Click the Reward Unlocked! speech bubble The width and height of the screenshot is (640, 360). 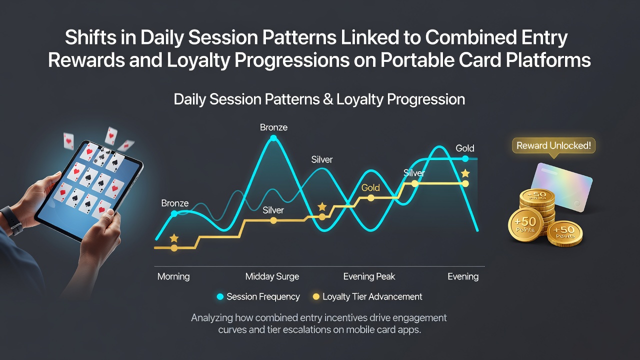553,146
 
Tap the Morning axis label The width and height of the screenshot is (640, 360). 173,276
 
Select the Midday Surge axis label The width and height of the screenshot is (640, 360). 272,276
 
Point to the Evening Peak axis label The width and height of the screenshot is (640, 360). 369,276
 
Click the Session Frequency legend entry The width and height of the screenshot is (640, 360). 258,296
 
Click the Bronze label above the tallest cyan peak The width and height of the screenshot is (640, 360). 273,127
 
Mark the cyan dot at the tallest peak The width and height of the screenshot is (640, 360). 273,138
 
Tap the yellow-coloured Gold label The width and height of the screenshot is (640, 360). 370,187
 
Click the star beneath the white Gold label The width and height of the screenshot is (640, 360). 465,173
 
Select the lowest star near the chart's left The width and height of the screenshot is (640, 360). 174,238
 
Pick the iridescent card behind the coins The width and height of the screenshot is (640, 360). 561,186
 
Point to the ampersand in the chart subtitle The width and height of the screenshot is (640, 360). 327,99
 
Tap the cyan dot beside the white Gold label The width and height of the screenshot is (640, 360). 465,158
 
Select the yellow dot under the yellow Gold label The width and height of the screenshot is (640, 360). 370,198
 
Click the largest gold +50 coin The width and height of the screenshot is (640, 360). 525,225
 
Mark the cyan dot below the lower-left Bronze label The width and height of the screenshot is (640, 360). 174,213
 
